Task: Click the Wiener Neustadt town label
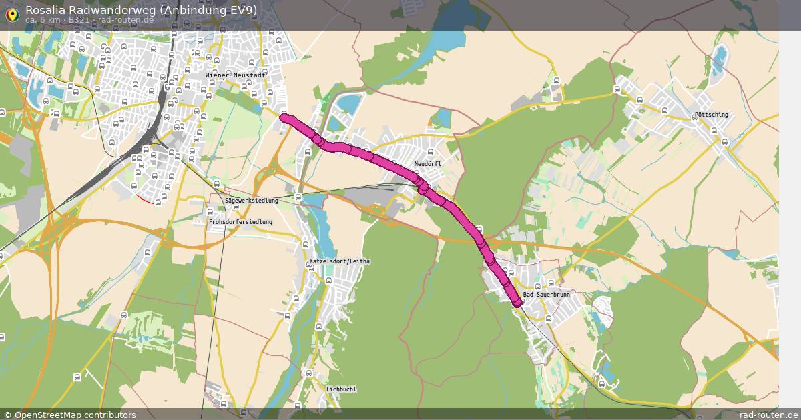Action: (x=236, y=75)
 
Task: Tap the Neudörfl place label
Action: (x=427, y=164)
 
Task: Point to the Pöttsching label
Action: (x=711, y=115)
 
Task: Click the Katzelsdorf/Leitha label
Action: (x=339, y=261)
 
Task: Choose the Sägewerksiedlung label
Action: (x=251, y=201)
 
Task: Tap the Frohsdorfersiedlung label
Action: (x=240, y=221)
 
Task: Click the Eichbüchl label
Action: (x=342, y=389)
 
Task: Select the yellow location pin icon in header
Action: (x=11, y=13)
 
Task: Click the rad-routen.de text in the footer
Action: (x=768, y=415)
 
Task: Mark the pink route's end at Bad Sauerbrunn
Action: (x=517, y=303)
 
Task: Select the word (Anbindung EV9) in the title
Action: (x=214, y=9)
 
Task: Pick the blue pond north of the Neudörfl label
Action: (x=441, y=118)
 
